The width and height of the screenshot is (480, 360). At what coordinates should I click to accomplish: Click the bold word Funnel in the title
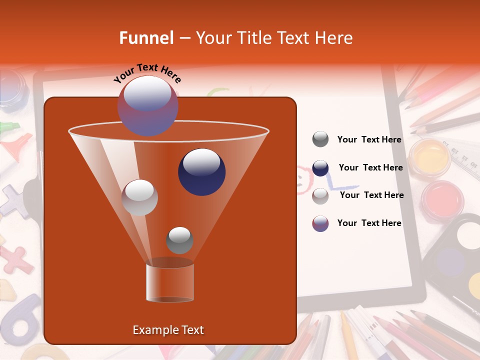pos(146,38)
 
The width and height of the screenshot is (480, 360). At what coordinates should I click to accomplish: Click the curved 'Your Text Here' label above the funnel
pos(147,73)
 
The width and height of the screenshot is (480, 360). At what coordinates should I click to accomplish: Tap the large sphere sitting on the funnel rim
pos(147,105)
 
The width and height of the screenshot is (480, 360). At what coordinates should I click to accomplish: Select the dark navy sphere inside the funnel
pos(201,171)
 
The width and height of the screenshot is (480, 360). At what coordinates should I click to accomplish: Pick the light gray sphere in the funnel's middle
pos(140,197)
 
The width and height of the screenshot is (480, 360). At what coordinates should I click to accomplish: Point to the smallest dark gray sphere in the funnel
pos(179,240)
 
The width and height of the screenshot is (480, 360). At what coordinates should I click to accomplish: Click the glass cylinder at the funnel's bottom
pos(170,282)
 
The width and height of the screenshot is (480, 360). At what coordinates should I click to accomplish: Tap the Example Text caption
pos(168,330)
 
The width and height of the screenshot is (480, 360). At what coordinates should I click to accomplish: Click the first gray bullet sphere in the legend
pos(320,139)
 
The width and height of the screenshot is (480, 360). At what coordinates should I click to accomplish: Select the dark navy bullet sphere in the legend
pos(320,168)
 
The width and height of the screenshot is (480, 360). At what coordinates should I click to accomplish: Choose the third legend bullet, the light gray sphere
pos(320,196)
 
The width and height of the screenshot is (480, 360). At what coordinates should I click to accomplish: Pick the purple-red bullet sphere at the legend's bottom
pos(320,223)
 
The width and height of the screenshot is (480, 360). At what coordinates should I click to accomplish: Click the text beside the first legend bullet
pos(369,139)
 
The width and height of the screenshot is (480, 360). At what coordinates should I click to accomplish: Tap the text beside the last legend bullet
pos(369,223)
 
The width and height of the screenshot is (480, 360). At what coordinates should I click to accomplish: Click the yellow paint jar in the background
pos(429,157)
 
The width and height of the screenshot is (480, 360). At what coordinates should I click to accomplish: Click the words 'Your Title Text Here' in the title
pos(274,38)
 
